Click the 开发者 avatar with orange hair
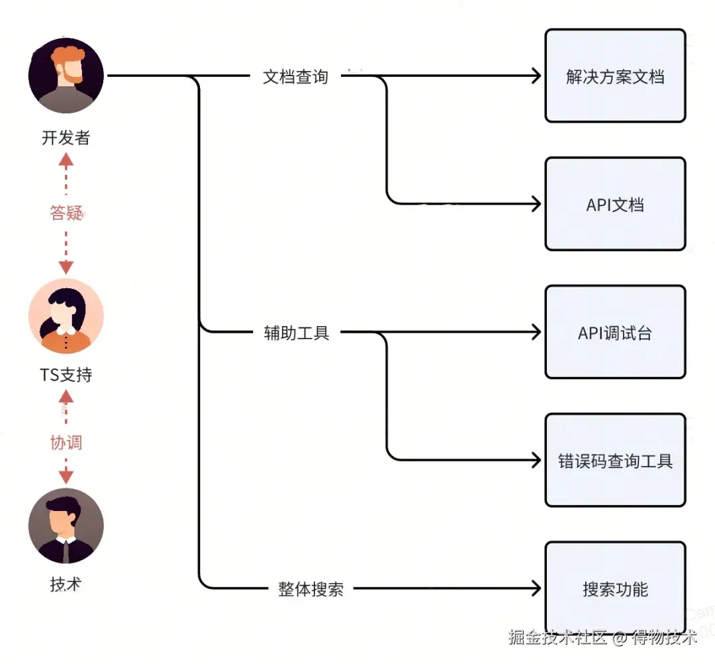(x=66, y=76)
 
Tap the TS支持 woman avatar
(x=66, y=316)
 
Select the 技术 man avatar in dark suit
(x=66, y=526)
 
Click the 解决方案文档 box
(x=615, y=76)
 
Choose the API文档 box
(x=615, y=204)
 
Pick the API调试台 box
(x=615, y=332)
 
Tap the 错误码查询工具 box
(x=615, y=461)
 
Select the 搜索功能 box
(x=615, y=588)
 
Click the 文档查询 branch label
(x=295, y=77)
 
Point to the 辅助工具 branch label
(x=297, y=333)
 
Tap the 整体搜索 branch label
(x=310, y=589)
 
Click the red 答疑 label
(x=66, y=213)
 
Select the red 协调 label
(x=66, y=442)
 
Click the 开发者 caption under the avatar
(x=66, y=138)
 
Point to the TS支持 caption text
(x=66, y=375)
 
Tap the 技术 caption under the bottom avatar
(x=66, y=584)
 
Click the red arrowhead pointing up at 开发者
(x=66, y=159)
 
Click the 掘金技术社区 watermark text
(x=557, y=638)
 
